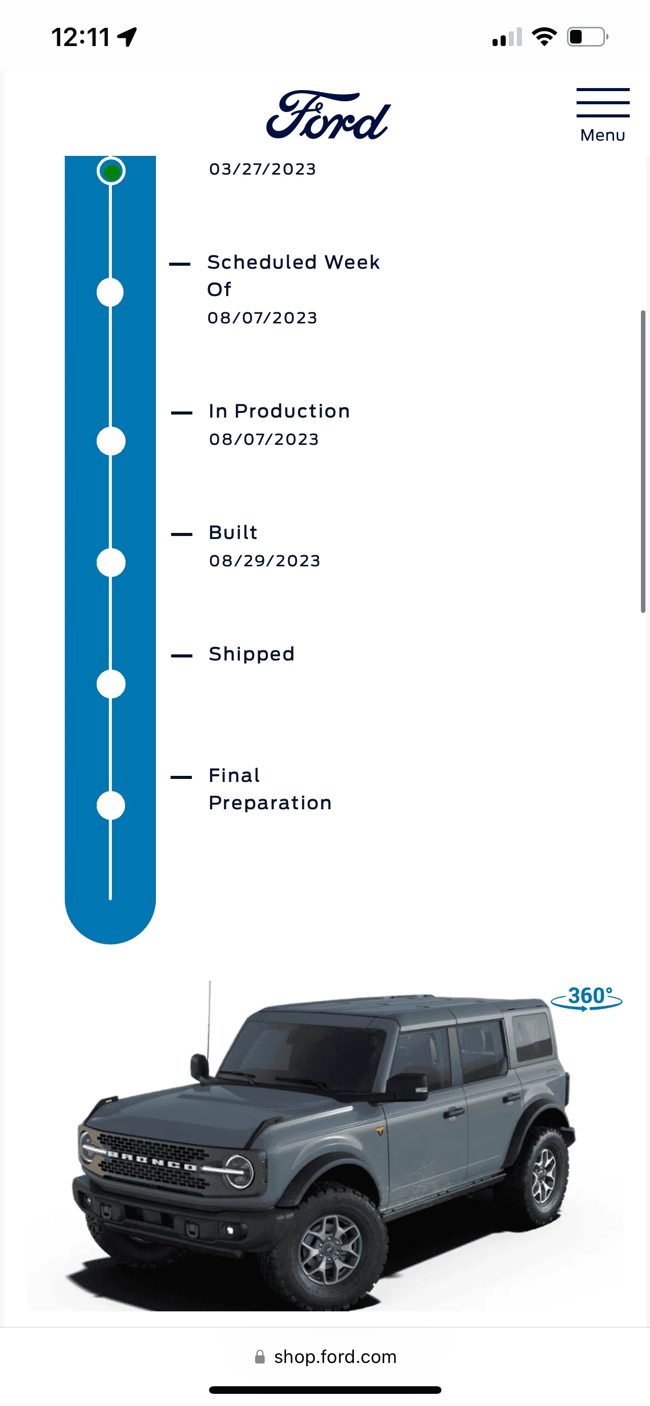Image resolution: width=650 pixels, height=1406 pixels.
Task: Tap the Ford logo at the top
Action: pyautogui.click(x=329, y=115)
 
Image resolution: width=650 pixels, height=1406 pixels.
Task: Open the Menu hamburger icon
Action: pyautogui.click(x=602, y=103)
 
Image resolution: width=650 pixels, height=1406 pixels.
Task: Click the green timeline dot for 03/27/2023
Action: pyautogui.click(x=111, y=172)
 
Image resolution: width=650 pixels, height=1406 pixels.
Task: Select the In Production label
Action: pyautogui.click(x=279, y=411)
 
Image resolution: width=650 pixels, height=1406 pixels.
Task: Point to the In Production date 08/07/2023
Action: pyautogui.click(x=264, y=439)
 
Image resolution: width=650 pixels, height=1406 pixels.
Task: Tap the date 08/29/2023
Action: pyautogui.click(x=265, y=561)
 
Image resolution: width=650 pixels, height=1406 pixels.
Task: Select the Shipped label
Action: pyautogui.click(x=252, y=654)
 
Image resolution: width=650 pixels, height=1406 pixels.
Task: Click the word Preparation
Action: pyautogui.click(x=270, y=803)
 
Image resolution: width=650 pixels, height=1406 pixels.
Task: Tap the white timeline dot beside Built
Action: pyautogui.click(x=111, y=563)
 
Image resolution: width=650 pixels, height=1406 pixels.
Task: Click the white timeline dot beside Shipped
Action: pyautogui.click(x=111, y=684)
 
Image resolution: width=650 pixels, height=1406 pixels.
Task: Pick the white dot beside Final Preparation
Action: pyautogui.click(x=111, y=806)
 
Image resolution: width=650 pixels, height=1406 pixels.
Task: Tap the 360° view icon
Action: pyautogui.click(x=587, y=998)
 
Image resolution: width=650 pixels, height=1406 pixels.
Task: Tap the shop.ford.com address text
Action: pyautogui.click(x=335, y=1357)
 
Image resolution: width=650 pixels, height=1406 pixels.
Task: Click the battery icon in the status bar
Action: pyautogui.click(x=587, y=37)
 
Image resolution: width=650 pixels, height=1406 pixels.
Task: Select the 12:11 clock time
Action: pyautogui.click(x=81, y=37)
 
